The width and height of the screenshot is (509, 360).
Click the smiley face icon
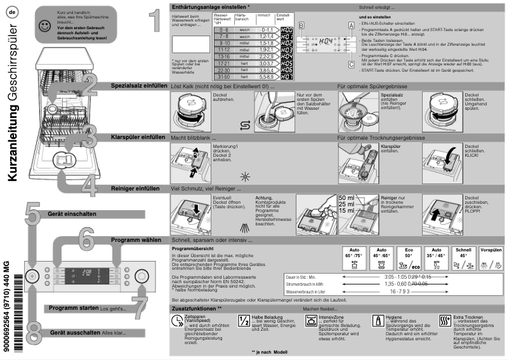tap(43, 26)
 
